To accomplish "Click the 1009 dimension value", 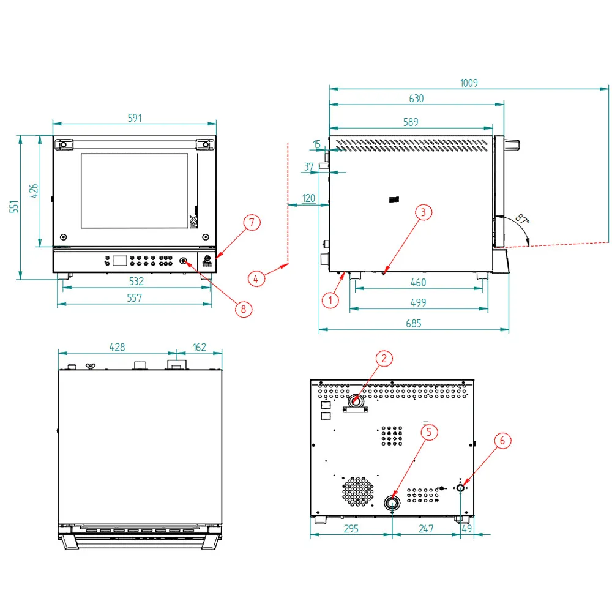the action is click(x=469, y=83).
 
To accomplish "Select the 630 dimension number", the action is click(x=416, y=99).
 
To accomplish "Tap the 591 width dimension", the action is click(x=135, y=118).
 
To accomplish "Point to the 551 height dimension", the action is click(x=14, y=207).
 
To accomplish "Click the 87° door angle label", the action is click(x=522, y=219).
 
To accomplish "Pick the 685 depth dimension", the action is click(x=413, y=324).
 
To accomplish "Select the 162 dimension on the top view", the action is click(x=199, y=347).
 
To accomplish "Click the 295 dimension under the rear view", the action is click(x=351, y=529).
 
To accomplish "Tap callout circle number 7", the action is click(x=252, y=223).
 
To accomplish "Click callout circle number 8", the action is click(x=244, y=309).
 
